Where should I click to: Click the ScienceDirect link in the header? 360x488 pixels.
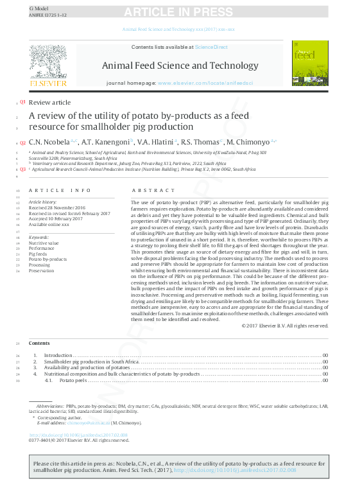tap(212, 47)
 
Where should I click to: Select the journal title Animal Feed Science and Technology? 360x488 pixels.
tap(180, 65)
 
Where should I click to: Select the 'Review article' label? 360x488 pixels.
tap(49, 103)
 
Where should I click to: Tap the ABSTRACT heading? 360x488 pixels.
tap(153, 191)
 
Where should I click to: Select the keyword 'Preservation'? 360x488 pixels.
tap(41, 271)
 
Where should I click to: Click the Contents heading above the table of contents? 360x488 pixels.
tap(39, 344)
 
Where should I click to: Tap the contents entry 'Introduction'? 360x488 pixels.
tap(58, 355)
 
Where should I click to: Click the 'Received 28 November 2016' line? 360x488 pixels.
tap(56, 208)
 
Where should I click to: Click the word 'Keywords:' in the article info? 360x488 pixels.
tap(39, 237)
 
